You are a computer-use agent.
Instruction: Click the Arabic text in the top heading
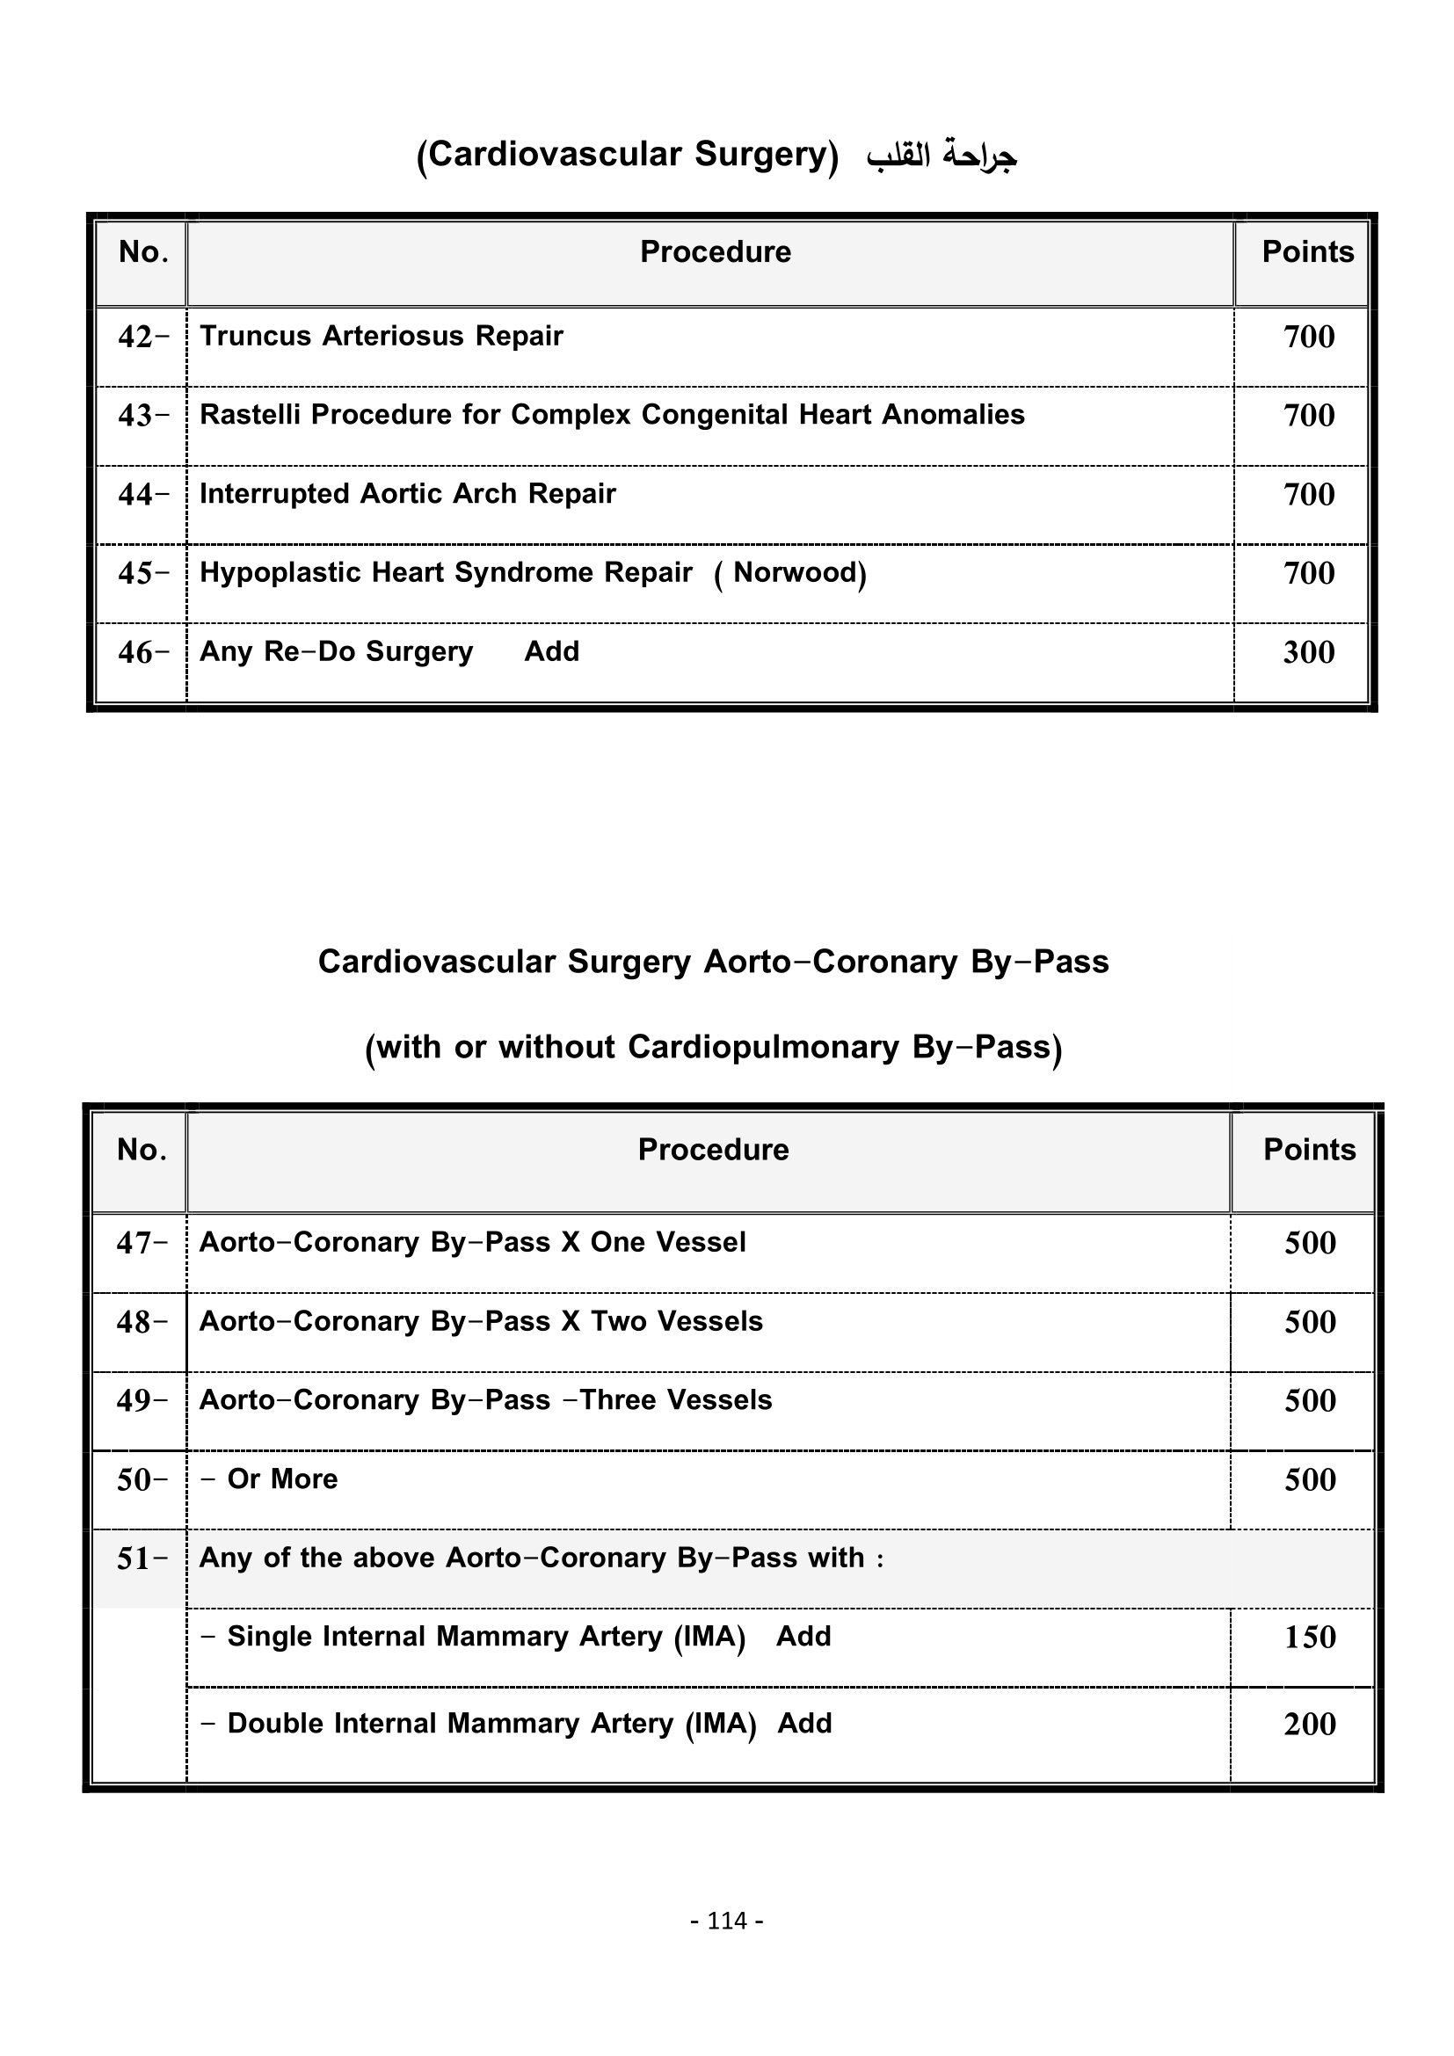click(940, 156)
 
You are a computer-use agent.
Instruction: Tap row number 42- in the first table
click(143, 338)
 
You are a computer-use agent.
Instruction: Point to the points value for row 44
click(1308, 494)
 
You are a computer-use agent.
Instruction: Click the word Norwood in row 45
click(795, 572)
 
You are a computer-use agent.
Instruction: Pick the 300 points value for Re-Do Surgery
click(1308, 652)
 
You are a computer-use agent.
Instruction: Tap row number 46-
click(143, 653)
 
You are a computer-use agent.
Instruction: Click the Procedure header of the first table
click(715, 252)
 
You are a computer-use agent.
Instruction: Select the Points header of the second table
click(1309, 1150)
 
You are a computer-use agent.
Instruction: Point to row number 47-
click(142, 1243)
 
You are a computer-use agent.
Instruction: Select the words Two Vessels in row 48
click(676, 1322)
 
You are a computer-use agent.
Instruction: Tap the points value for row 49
click(1310, 1400)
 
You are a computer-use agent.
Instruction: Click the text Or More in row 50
click(282, 1479)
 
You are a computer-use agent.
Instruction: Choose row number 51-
click(142, 1559)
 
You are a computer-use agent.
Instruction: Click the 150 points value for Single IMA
click(1310, 1637)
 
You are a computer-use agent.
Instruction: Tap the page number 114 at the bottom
click(726, 1921)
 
